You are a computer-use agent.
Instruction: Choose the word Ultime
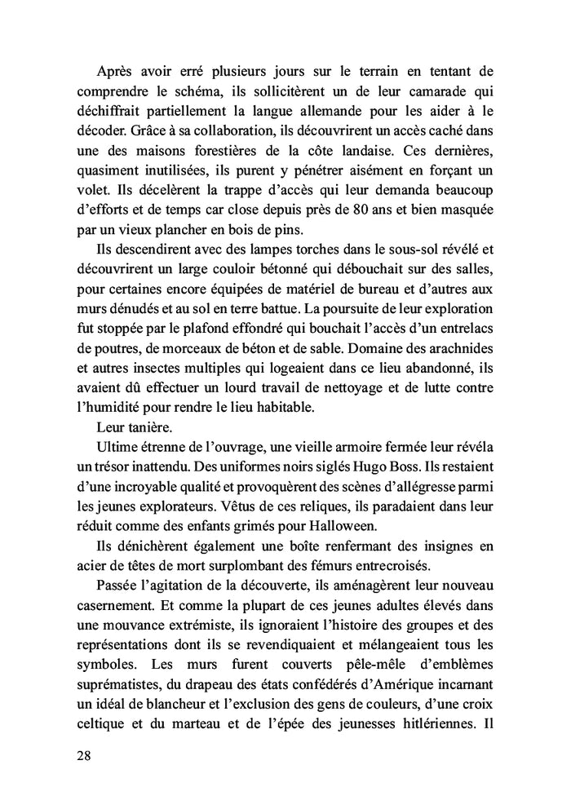119,446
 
